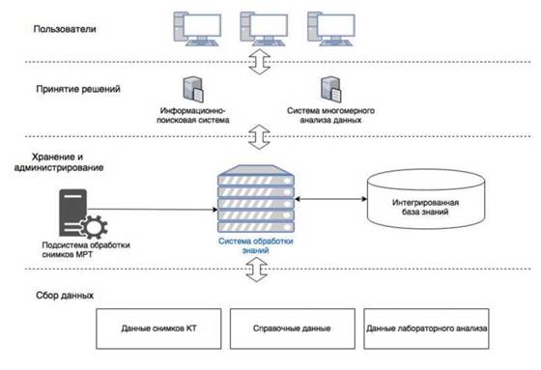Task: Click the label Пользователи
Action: pyautogui.click(x=65, y=29)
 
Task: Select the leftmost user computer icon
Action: pyautogui.click(x=197, y=29)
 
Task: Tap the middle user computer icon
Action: pyautogui.click(x=264, y=29)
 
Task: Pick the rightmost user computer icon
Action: pyautogui.click(x=331, y=29)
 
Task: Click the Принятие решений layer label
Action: pyautogui.click(x=78, y=89)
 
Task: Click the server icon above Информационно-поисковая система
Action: pyautogui.click(x=193, y=90)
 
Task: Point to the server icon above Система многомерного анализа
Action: pyautogui.click(x=331, y=90)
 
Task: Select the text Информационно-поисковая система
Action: pyautogui.click(x=193, y=115)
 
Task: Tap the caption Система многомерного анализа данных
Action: pyautogui.click(x=330, y=115)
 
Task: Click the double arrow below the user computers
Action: pyautogui.click(x=260, y=62)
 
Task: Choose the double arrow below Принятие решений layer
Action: pyautogui.click(x=260, y=136)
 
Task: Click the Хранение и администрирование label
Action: pyautogui.click(x=59, y=162)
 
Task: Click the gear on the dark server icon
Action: pyautogui.click(x=94, y=227)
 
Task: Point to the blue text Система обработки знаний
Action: pyautogui.click(x=256, y=245)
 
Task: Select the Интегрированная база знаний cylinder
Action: pyautogui.click(x=426, y=199)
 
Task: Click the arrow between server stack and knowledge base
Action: pyautogui.click(x=330, y=199)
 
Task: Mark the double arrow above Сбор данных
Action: pyautogui.click(x=257, y=270)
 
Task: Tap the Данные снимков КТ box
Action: pyautogui.click(x=158, y=328)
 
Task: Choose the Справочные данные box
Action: pyautogui.click(x=292, y=328)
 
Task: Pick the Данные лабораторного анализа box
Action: pyautogui.click(x=426, y=328)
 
